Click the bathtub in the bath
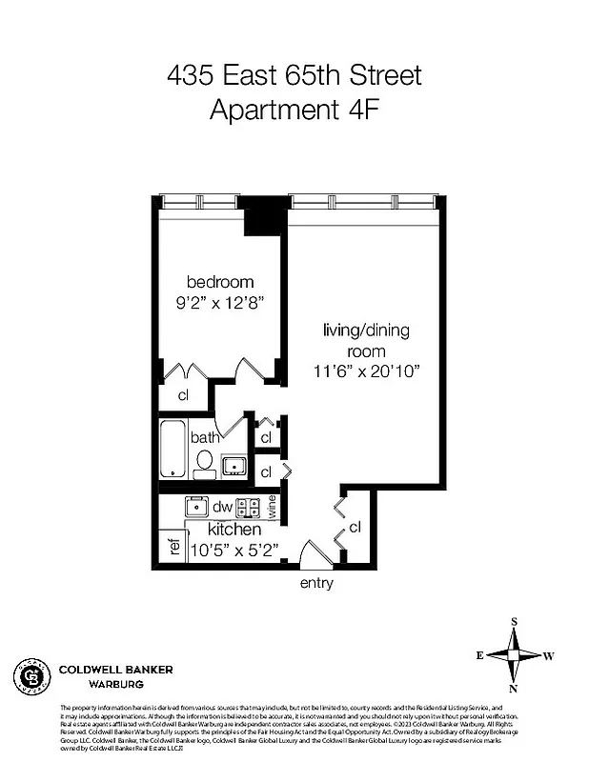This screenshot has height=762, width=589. click(x=172, y=448)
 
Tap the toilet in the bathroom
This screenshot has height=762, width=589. click(x=204, y=464)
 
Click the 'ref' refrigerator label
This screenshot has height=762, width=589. click(x=174, y=548)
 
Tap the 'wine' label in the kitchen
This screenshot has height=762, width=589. click(x=273, y=507)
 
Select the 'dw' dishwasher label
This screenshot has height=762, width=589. click(x=223, y=507)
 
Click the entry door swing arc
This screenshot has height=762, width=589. click(x=312, y=554)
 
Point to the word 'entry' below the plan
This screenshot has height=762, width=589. click(x=316, y=583)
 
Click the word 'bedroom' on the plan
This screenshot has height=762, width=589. click(x=220, y=282)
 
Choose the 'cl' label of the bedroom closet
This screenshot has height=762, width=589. click(x=182, y=395)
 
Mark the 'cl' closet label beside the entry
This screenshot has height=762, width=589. click(x=355, y=527)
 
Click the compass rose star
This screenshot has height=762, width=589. click(x=514, y=655)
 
